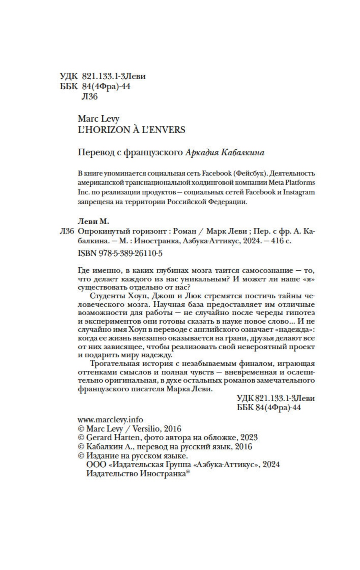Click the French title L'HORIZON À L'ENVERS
click(132, 130)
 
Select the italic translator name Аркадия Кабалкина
click(225, 152)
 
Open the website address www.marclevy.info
click(111, 419)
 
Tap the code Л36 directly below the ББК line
click(91, 97)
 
